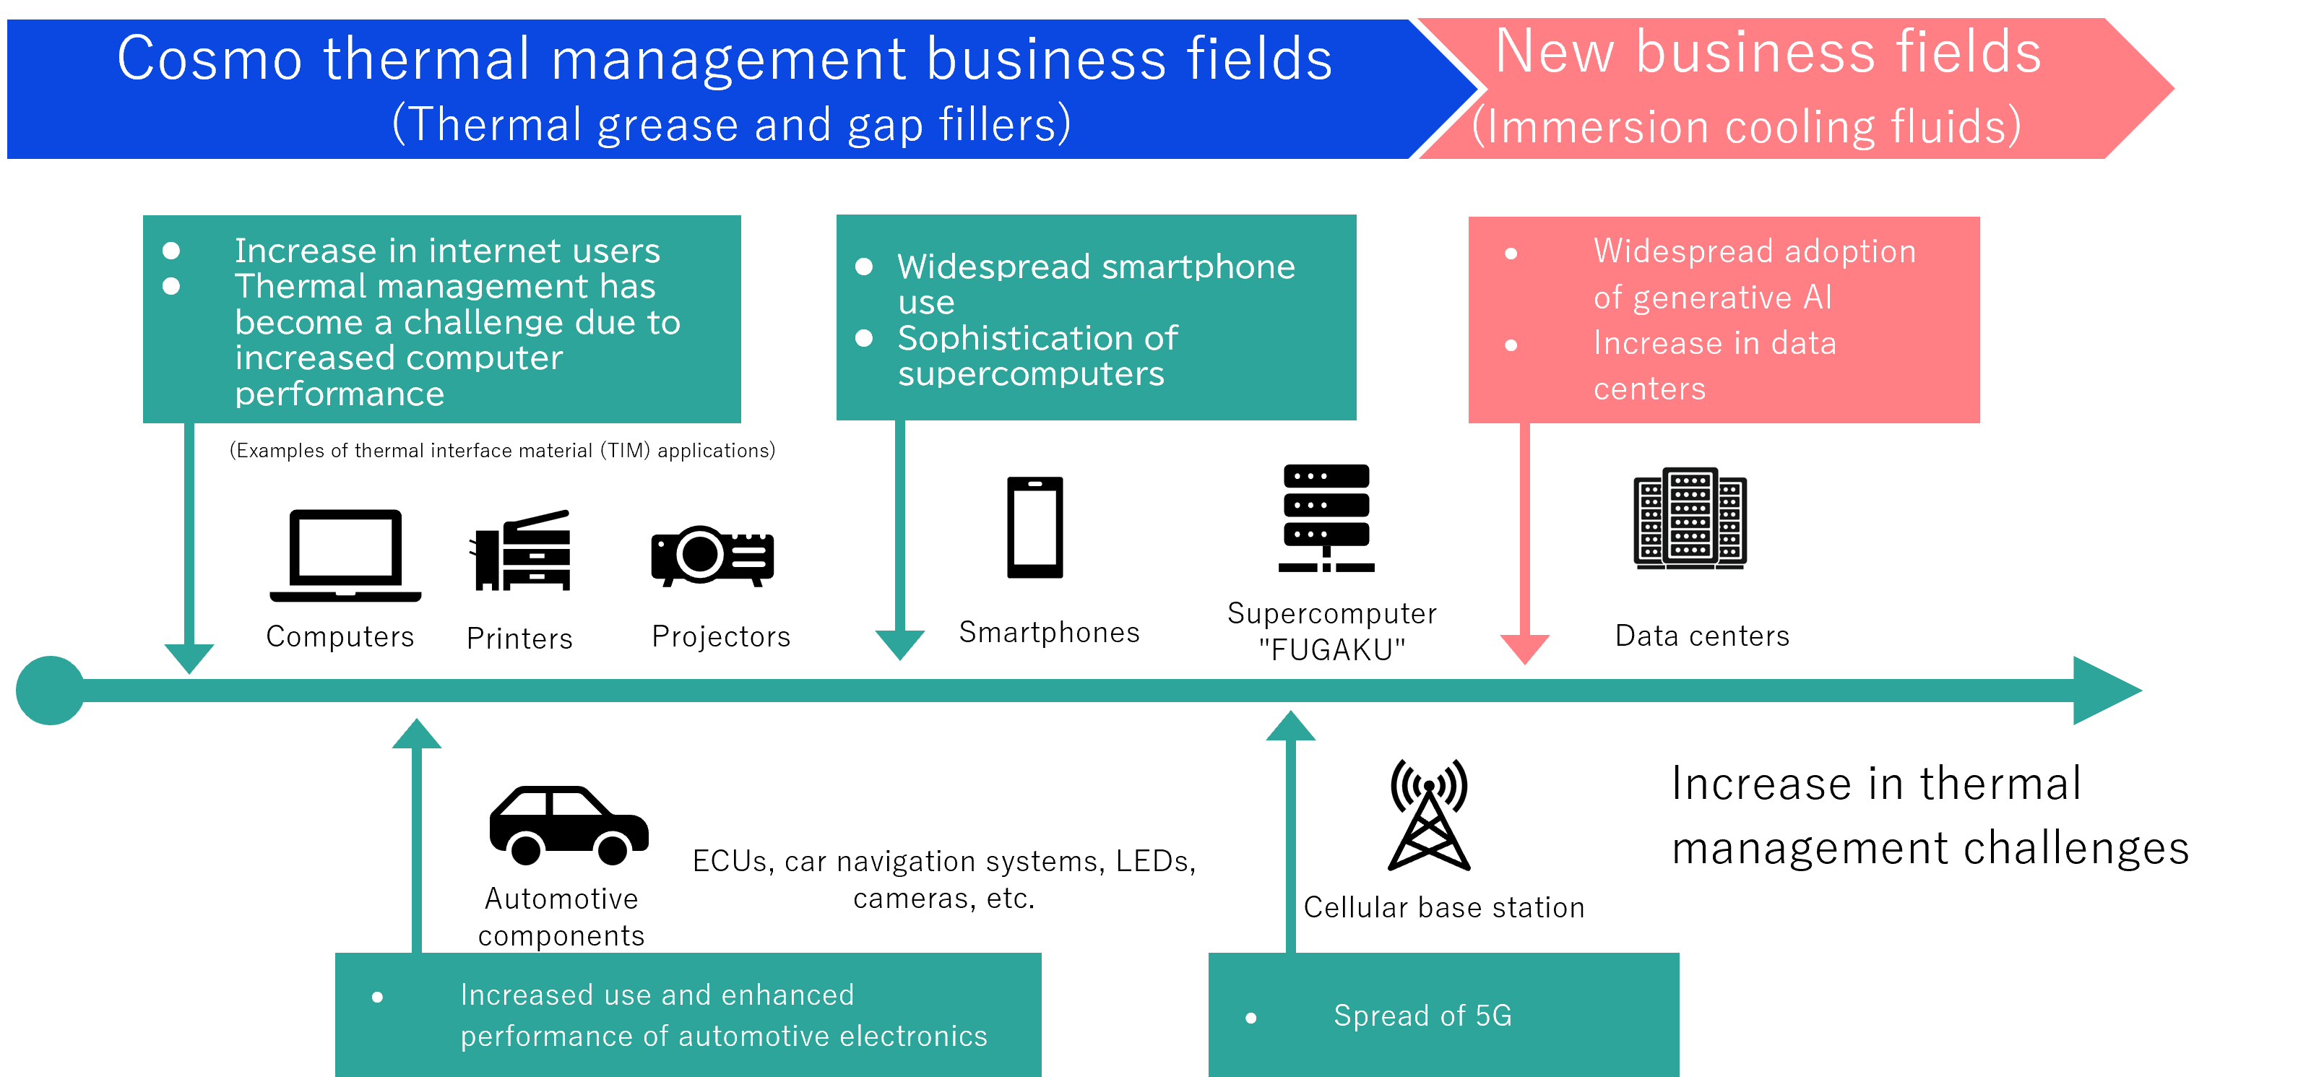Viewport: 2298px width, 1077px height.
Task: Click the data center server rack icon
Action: (1690, 519)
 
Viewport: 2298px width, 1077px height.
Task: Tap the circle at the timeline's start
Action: (50, 691)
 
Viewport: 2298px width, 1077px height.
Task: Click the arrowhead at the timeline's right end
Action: (2105, 691)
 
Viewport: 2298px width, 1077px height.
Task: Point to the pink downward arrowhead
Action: (1524, 648)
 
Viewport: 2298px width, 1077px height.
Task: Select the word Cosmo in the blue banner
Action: (210, 60)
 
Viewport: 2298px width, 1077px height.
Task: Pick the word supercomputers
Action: (1030, 374)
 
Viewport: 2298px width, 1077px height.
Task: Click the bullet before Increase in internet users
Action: (171, 251)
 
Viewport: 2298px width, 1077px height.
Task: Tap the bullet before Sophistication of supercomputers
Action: (863, 338)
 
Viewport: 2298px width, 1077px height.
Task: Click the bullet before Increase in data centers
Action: (1511, 345)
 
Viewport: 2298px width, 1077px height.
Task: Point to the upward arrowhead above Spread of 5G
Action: (1290, 727)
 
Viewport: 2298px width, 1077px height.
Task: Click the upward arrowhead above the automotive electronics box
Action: (417, 735)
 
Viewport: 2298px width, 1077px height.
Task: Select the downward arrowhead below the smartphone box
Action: (899, 644)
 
